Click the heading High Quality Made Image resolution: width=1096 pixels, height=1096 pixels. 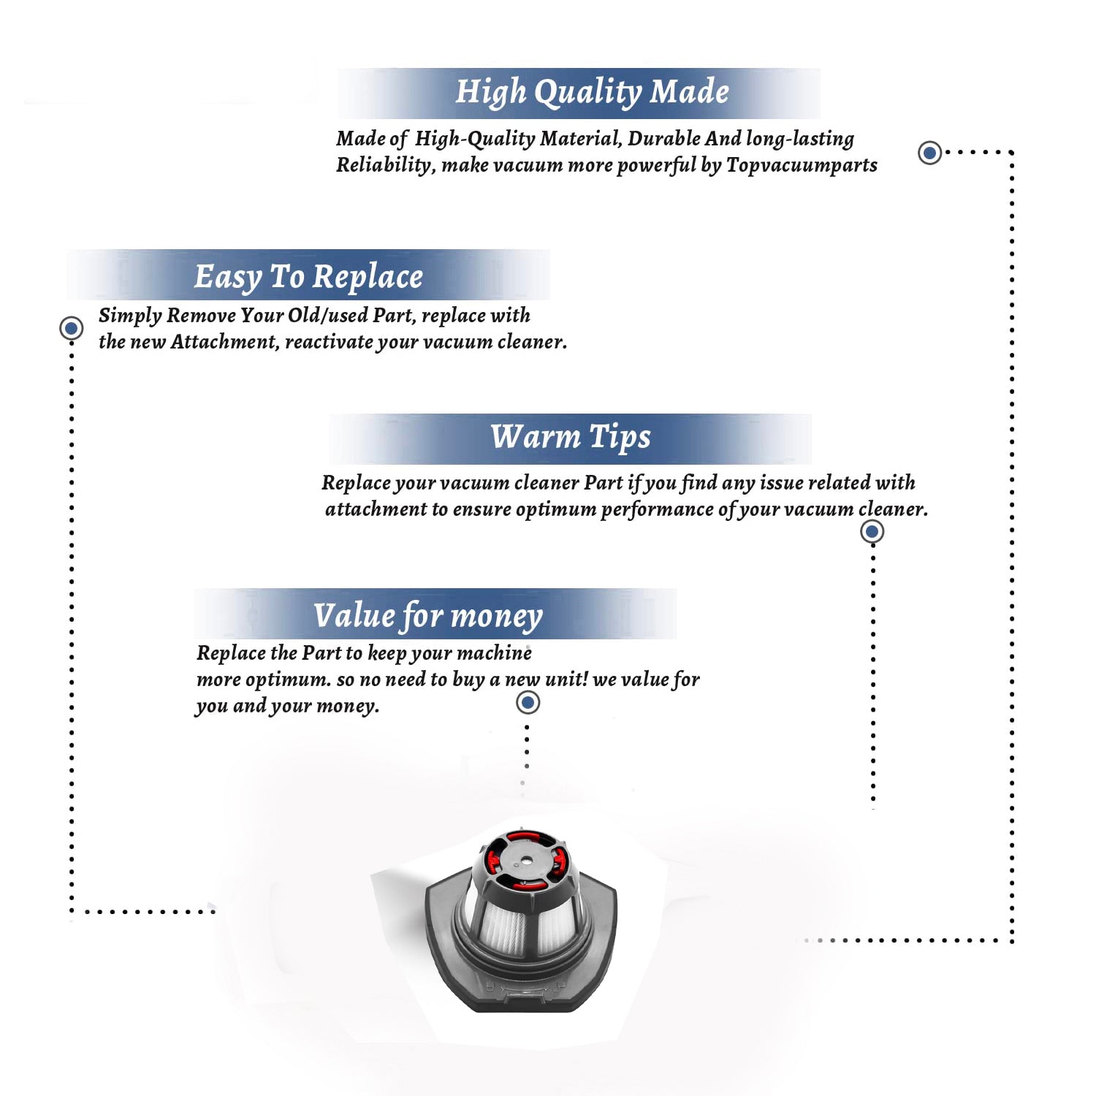point(592,93)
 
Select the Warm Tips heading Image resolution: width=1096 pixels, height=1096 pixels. point(570,438)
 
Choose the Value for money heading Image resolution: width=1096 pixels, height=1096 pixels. point(428,616)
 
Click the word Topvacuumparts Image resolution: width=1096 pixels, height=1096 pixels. point(802,166)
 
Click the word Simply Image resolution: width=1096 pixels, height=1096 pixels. point(130,316)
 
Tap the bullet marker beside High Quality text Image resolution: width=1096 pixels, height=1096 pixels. point(929,153)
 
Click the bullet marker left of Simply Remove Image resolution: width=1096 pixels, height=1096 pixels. point(71,329)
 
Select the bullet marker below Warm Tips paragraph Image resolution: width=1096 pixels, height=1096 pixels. point(872,532)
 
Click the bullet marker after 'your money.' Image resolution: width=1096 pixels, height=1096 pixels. point(528,703)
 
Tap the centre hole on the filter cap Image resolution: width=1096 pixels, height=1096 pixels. point(522,861)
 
